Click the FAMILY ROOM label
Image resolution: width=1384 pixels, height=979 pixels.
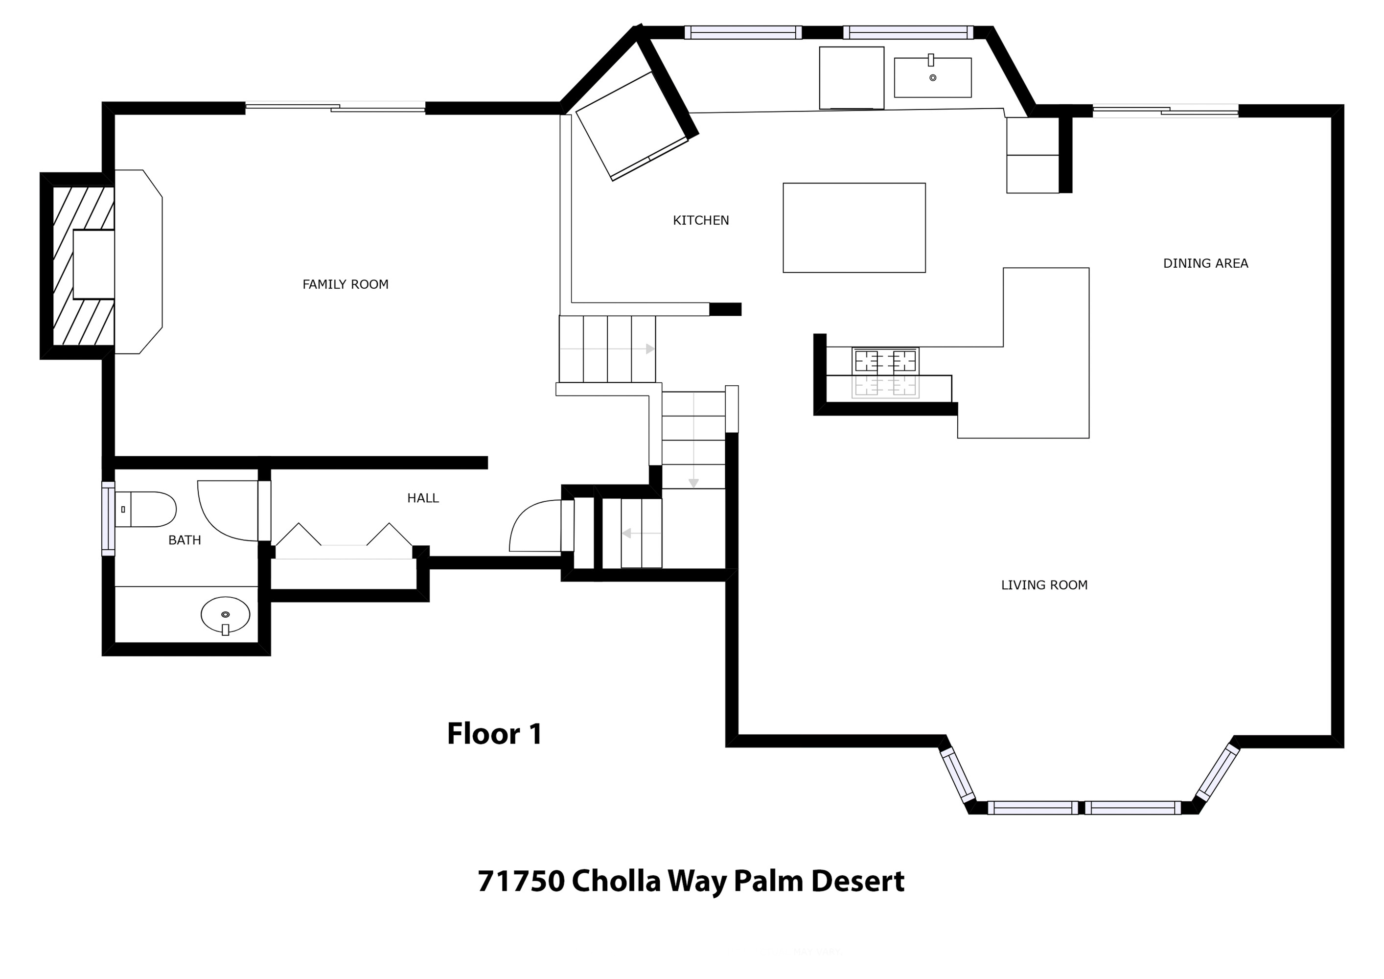tap(346, 284)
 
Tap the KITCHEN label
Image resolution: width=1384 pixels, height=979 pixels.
tap(701, 221)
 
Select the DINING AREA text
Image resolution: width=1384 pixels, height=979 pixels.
tap(1205, 263)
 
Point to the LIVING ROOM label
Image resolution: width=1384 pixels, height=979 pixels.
tap(1045, 585)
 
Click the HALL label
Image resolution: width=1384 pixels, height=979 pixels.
tap(423, 498)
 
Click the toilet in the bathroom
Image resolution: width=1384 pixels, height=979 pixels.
tap(145, 510)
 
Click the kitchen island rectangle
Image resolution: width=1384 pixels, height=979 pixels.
tap(854, 228)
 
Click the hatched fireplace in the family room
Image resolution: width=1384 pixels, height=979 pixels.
tap(77, 266)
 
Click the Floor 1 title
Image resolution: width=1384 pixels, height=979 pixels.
tap(494, 734)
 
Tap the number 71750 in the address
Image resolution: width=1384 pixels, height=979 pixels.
tap(521, 881)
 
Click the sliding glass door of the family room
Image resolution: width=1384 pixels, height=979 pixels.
tap(335, 107)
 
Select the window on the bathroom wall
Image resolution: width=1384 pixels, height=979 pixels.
tap(108, 518)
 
